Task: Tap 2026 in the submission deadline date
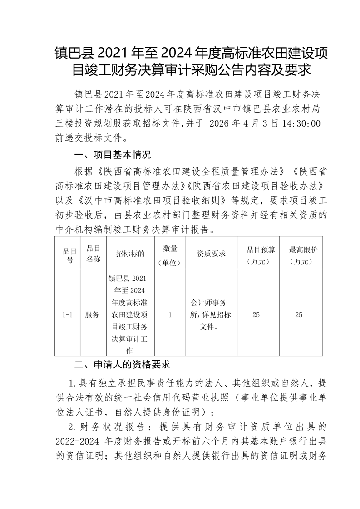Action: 223,123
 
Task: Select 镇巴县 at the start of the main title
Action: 72,54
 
